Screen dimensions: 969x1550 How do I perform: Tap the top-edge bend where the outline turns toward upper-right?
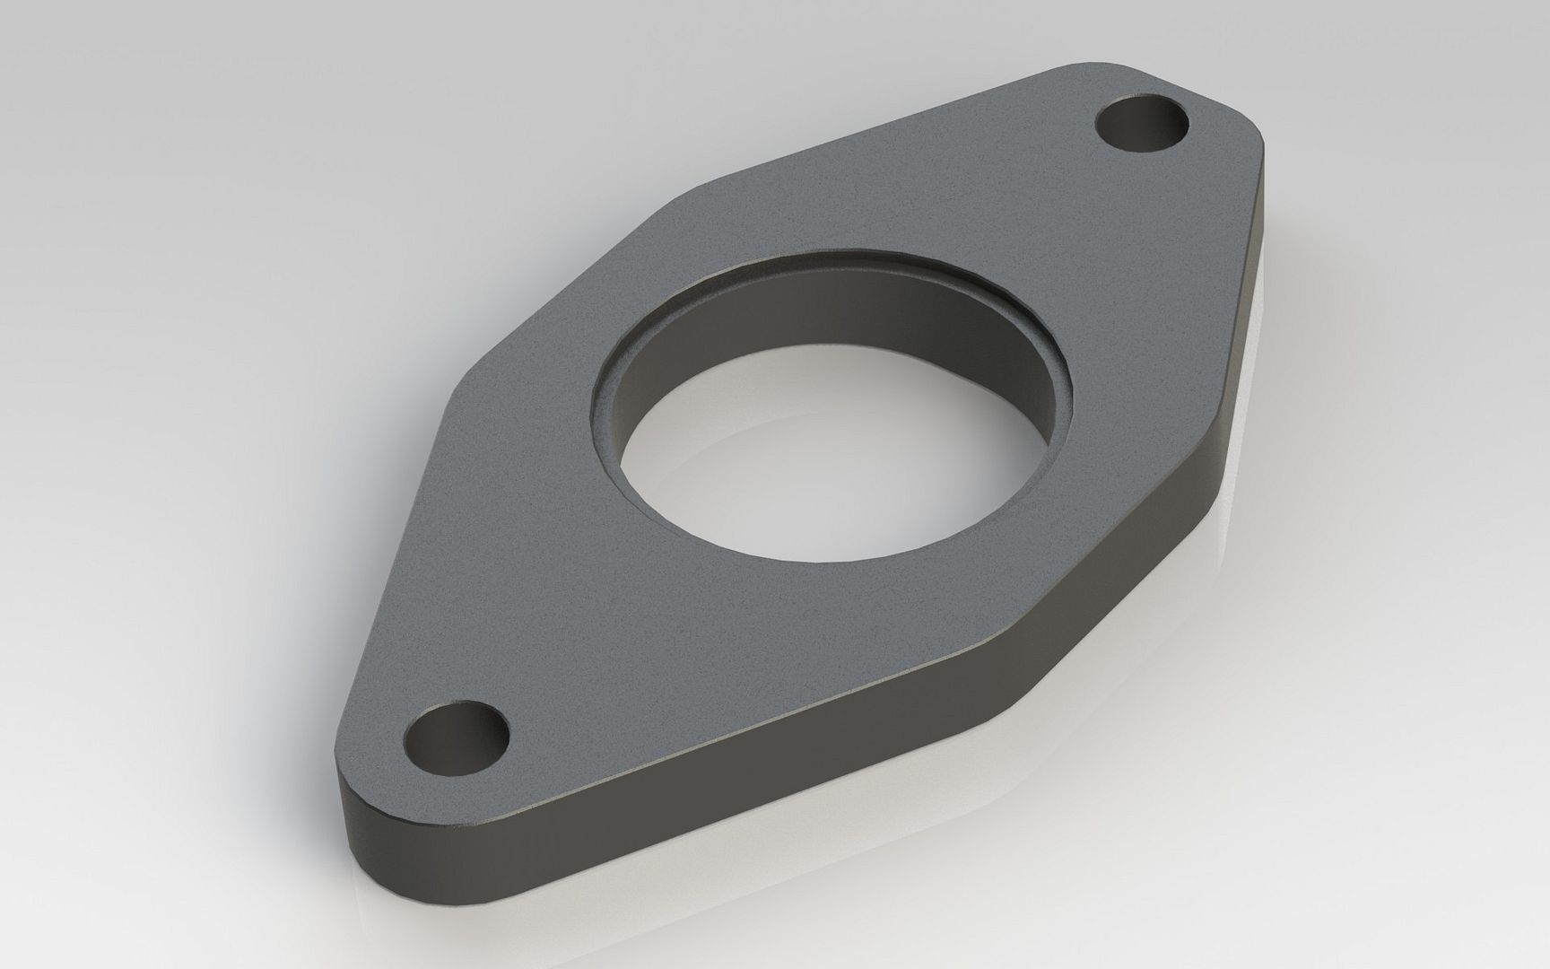[682, 193]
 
